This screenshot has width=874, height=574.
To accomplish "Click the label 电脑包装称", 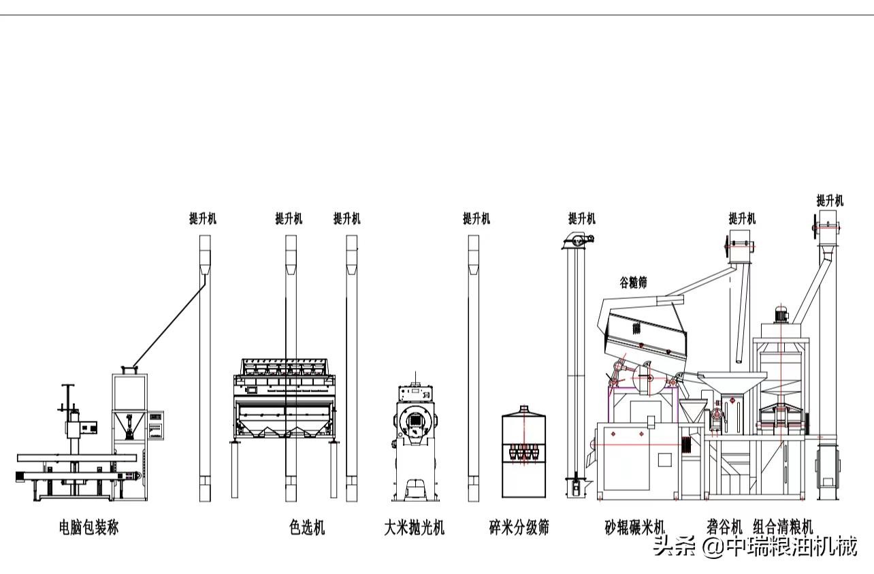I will coord(88,527).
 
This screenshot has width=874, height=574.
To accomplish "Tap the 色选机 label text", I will coord(306,527).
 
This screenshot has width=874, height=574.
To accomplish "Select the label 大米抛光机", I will coord(414,527).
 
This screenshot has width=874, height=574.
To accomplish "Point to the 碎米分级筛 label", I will coord(519,527).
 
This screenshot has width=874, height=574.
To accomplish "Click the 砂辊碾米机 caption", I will coord(634,527).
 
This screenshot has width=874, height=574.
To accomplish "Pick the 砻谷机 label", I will coord(724,526).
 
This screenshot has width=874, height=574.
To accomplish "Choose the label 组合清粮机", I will coord(783,526).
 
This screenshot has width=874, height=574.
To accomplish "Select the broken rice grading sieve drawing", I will coord(524,453).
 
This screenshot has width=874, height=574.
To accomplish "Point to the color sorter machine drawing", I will coord(286,398).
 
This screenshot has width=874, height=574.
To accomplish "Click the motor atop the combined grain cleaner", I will coord(781,315).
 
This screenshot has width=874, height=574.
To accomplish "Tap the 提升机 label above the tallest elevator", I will coord(830,200).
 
